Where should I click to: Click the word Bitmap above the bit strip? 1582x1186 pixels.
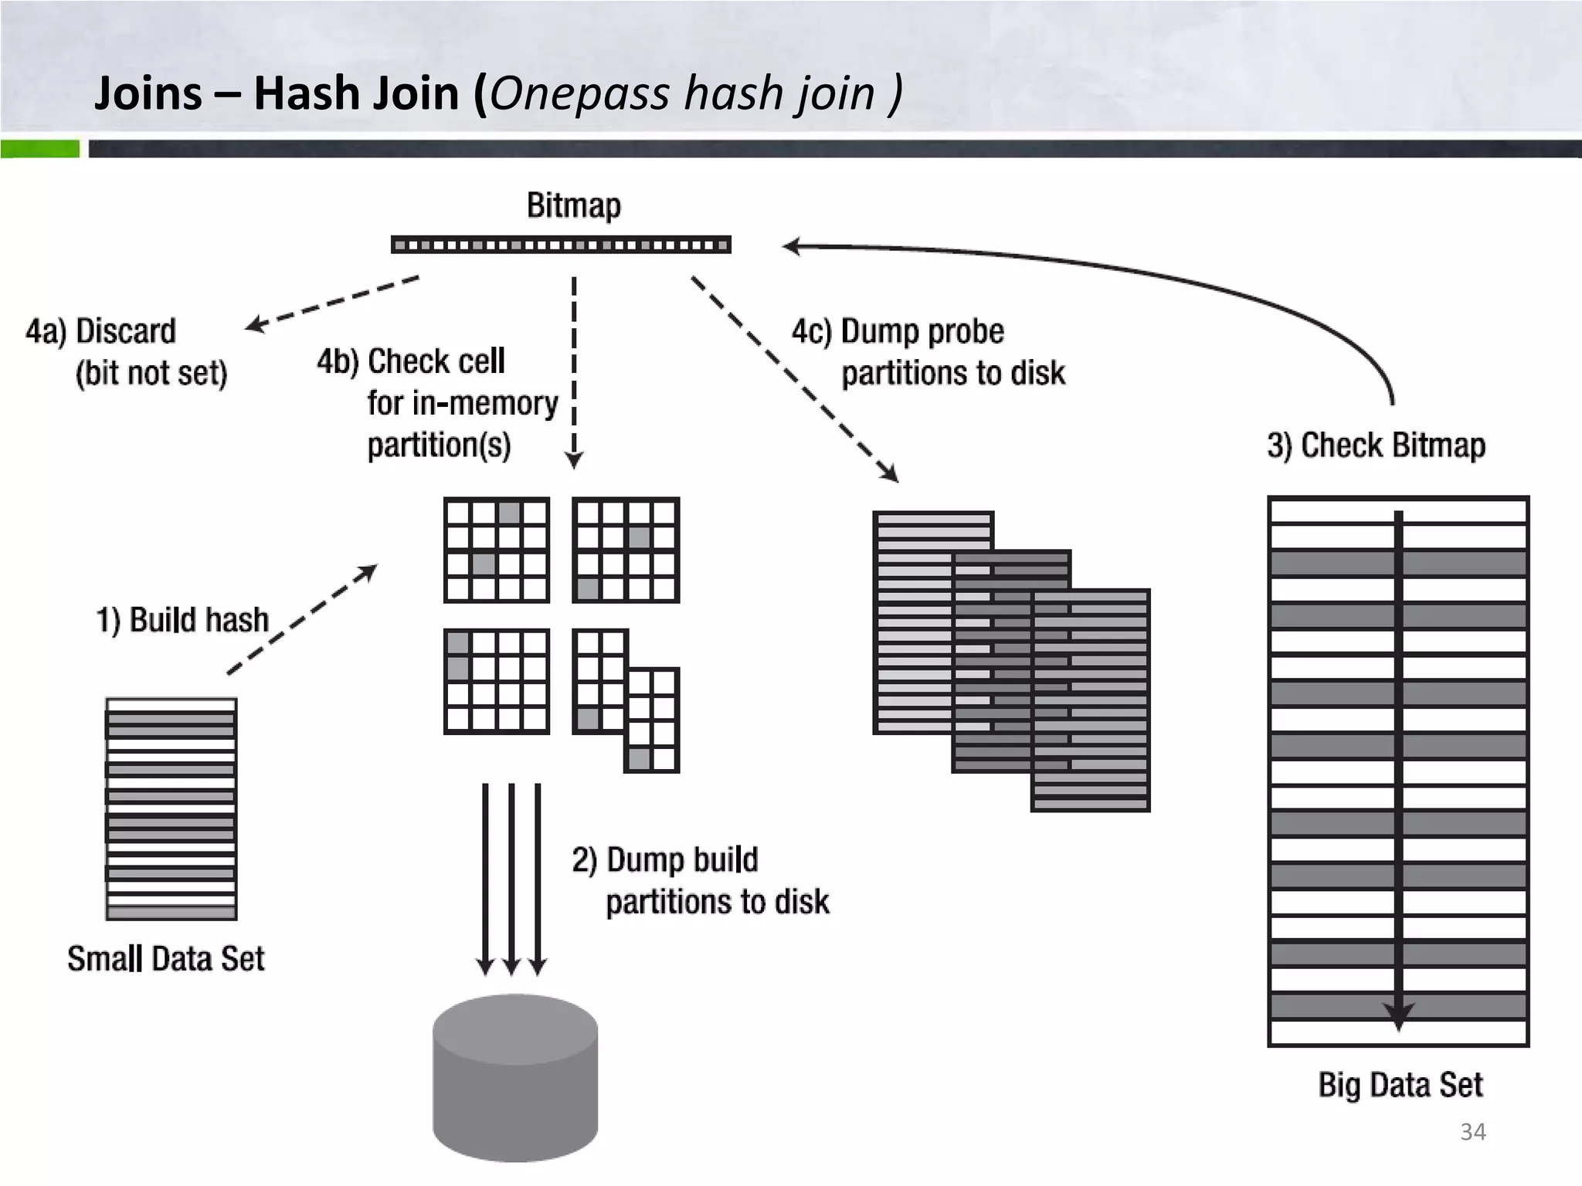573,205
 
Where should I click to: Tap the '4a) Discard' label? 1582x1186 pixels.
100,331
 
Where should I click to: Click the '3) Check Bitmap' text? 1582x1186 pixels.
1376,446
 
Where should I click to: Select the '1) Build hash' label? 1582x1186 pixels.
182,620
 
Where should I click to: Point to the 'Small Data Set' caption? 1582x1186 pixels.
165,959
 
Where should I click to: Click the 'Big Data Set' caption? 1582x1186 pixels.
1400,1085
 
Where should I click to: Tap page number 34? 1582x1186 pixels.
1472,1132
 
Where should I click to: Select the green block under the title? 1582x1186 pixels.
39,148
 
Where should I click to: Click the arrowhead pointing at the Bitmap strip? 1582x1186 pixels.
789,247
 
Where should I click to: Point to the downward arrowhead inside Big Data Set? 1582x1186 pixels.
1398,1016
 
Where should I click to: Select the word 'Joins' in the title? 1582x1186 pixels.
148,93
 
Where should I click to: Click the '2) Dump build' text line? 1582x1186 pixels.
665,859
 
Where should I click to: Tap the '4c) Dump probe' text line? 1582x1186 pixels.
898,332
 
